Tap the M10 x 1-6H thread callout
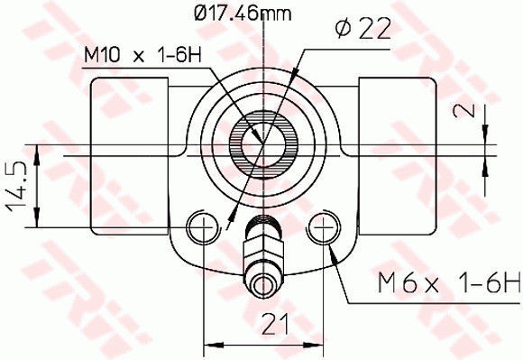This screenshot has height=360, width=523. pos(142,56)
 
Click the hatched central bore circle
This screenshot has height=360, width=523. pos(261,142)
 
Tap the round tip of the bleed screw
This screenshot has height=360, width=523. pos(262,286)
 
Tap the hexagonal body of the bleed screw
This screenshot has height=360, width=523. pos(262,245)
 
